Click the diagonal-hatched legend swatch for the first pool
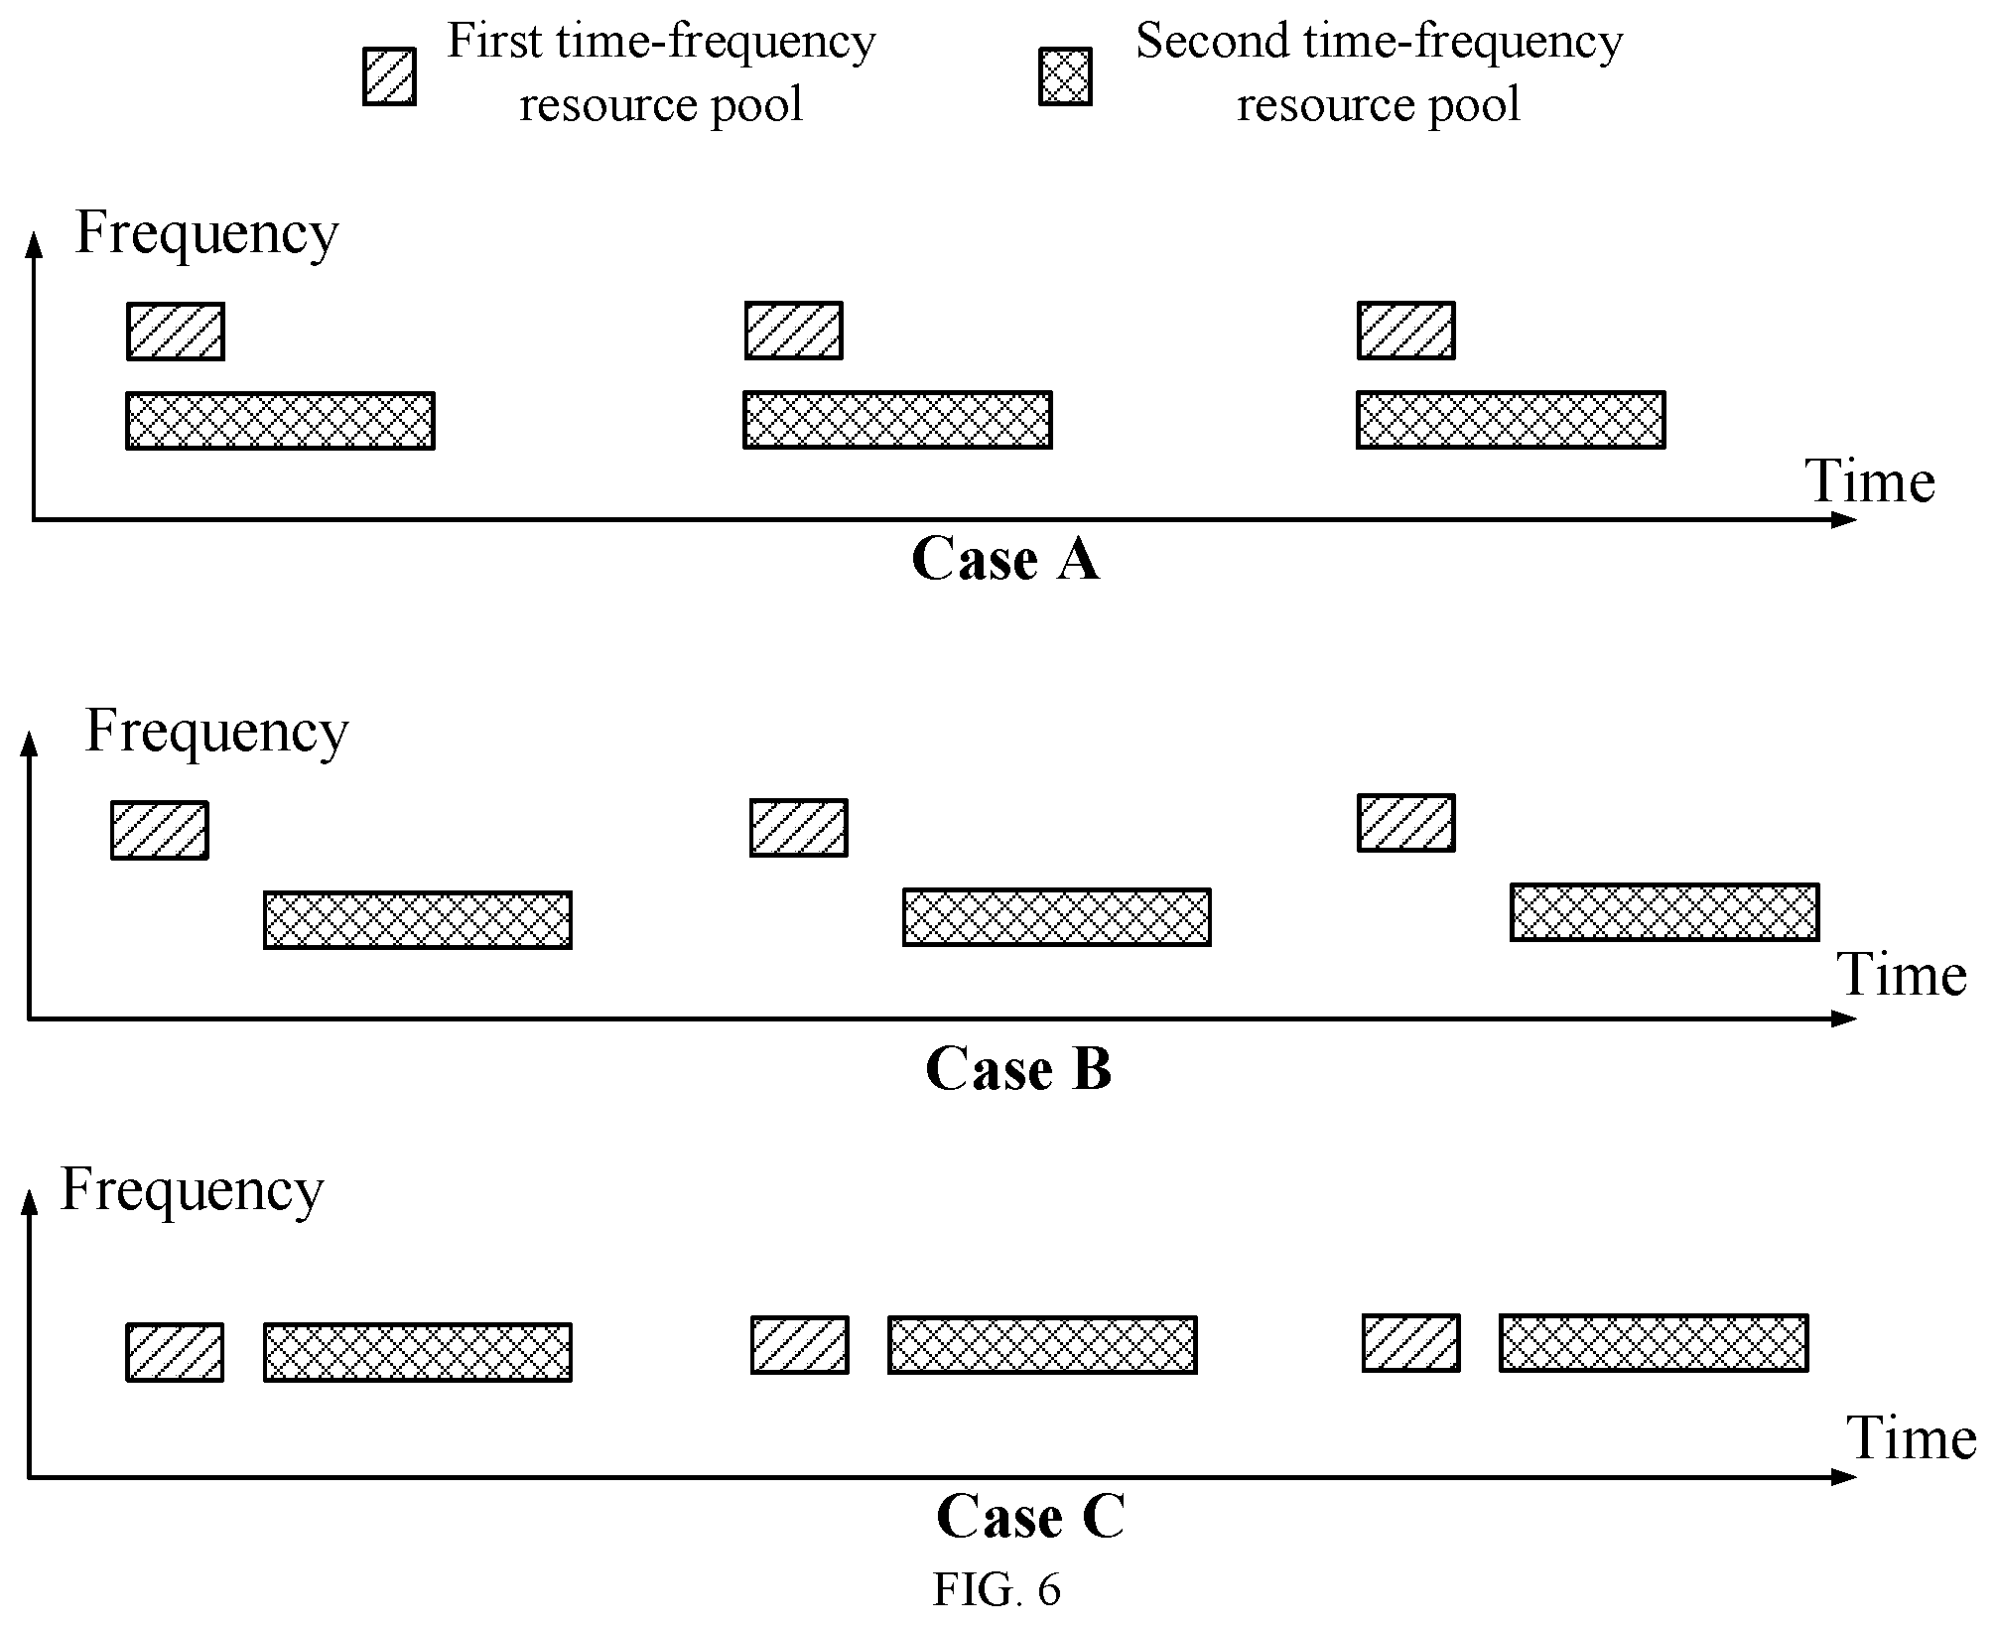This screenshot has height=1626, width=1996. (x=389, y=76)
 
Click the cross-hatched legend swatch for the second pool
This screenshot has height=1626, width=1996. (x=1065, y=76)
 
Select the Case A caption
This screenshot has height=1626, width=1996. (x=1004, y=559)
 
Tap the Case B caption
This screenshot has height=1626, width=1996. (x=1018, y=1069)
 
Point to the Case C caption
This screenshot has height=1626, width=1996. (x=1030, y=1517)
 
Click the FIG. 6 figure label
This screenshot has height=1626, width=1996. (x=997, y=1589)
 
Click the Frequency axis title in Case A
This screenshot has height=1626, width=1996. (x=206, y=235)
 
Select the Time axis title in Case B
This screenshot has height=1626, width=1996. (x=1902, y=975)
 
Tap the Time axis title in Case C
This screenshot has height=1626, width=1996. (x=1911, y=1438)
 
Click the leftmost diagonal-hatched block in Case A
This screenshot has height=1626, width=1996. (x=176, y=332)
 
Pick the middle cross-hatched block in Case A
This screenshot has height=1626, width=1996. (x=897, y=420)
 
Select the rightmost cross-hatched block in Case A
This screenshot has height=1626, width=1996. (x=1511, y=420)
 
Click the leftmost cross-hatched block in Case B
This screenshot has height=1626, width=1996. (x=418, y=920)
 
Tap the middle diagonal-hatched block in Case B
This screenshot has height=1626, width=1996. (x=799, y=827)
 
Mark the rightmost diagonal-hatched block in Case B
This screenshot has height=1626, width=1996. (x=1406, y=823)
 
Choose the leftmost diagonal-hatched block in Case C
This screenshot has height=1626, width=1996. (x=175, y=1352)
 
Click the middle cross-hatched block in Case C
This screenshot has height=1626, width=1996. (x=1042, y=1345)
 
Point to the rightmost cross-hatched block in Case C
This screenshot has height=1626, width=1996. (x=1654, y=1343)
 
